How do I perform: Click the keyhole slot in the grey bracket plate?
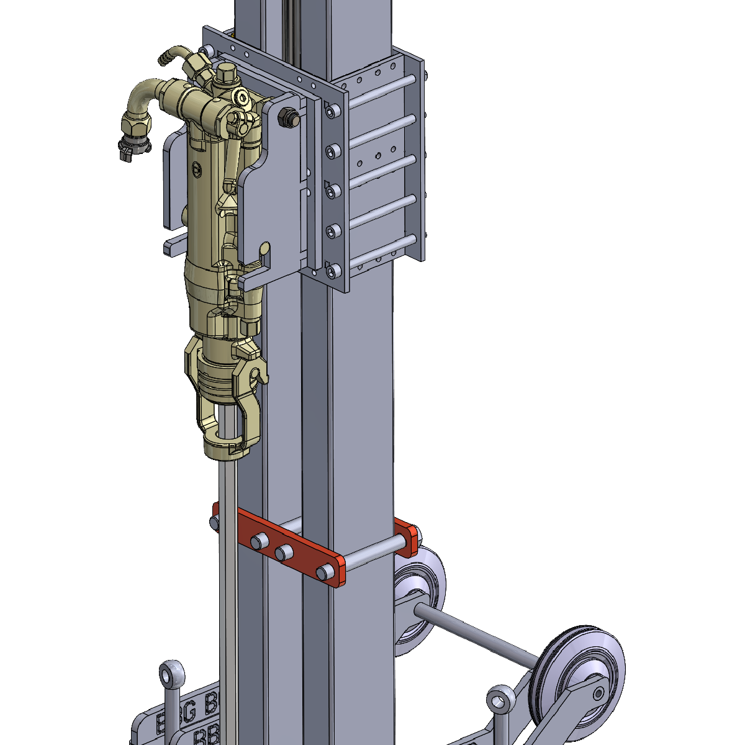point(266,251)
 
